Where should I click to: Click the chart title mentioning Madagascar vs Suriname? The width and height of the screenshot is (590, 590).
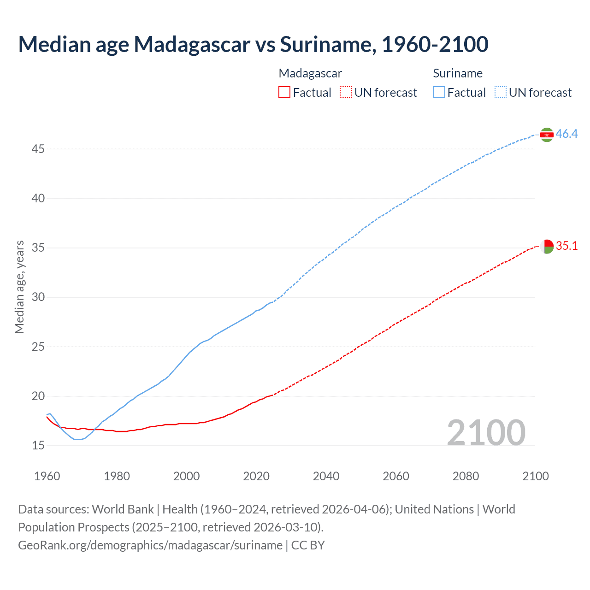[x=253, y=44]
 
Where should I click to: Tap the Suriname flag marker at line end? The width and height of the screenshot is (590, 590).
[x=547, y=135]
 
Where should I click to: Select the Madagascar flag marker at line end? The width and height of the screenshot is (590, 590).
[x=547, y=247]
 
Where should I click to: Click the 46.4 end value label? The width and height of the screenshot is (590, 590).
[x=566, y=134]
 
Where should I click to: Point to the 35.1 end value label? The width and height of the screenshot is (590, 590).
[x=566, y=246]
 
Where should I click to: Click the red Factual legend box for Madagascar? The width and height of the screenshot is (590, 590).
[x=284, y=93]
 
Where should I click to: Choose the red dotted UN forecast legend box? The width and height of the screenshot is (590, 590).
[x=346, y=93]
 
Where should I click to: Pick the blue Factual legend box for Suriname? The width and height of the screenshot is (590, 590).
[x=439, y=93]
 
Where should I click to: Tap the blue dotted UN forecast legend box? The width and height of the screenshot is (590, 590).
[x=501, y=93]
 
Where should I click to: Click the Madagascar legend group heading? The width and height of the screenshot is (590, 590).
[x=310, y=73]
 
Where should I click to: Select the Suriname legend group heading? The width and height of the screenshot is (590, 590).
[x=458, y=73]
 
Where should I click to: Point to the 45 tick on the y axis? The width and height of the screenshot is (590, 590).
[x=38, y=149]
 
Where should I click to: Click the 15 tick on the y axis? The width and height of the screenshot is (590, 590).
[x=38, y=446]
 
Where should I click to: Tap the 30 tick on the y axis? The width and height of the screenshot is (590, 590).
[x=38, y=297]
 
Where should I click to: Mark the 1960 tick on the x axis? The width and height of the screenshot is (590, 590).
[x=47, y=476]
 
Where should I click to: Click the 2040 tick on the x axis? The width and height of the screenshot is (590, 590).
[x=326, y=476]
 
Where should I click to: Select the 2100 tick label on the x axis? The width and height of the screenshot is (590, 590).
[x=535, y=476]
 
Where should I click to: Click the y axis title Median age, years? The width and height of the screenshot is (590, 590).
[x=19, y=287]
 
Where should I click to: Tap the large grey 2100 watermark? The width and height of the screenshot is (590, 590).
[x=486, y=432]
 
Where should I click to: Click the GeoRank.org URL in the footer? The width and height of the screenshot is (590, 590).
[x=150, y=545]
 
